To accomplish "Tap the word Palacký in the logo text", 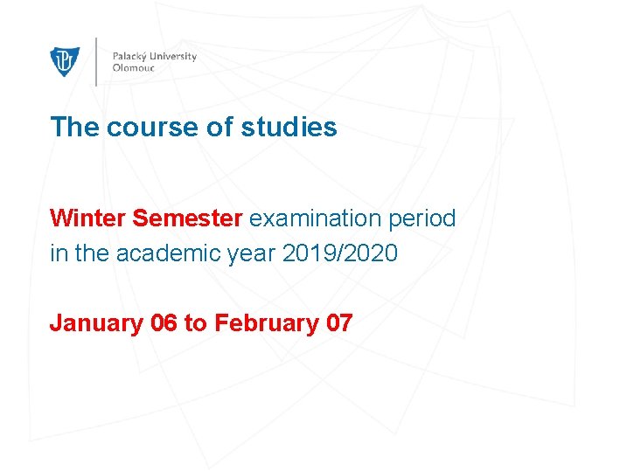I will tap(130, 57).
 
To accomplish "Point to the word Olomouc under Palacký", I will tap(133, 68).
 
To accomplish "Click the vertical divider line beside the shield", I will tap(95, 61).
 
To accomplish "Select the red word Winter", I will tap(88, 218).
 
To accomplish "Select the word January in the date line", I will tap(96, 323).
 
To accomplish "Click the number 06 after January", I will tap(164, 323).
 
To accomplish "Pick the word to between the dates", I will tap(195, 323).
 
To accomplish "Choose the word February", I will tap(266, 323).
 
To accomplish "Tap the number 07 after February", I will tap(338, 323).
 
